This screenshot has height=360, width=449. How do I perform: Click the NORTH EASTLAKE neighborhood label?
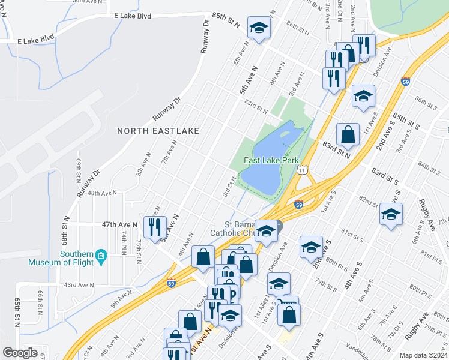158,130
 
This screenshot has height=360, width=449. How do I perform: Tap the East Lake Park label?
271,160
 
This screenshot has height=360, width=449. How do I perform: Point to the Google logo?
20,353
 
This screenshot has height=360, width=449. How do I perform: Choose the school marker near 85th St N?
259,28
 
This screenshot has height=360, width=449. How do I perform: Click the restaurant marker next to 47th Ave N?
155,226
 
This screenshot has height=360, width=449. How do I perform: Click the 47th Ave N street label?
119,224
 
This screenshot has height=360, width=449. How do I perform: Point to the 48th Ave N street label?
101,193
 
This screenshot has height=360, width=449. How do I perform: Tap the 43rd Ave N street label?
79,285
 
